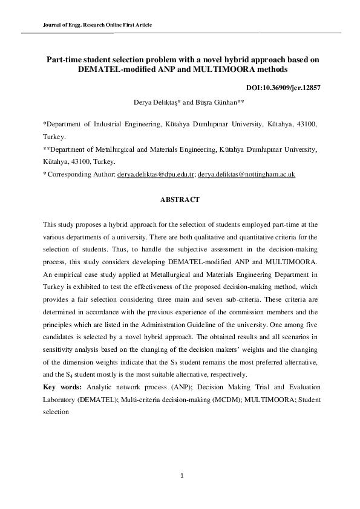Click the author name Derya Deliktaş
[x=156, y=103]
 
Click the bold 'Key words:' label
[x=64, y=386]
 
